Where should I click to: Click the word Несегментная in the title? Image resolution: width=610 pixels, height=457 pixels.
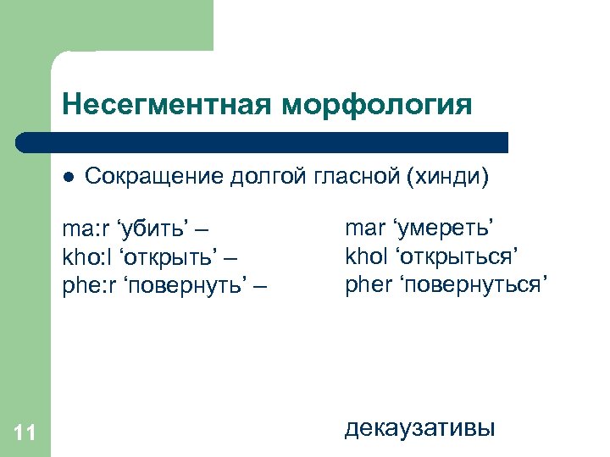[x=167, y=105]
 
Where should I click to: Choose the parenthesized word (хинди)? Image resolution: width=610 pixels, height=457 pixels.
[x=449, y=178]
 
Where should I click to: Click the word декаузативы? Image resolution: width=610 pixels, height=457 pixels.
[x=419, y=428]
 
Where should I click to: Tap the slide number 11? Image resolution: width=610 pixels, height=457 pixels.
[x=25, y=433]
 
